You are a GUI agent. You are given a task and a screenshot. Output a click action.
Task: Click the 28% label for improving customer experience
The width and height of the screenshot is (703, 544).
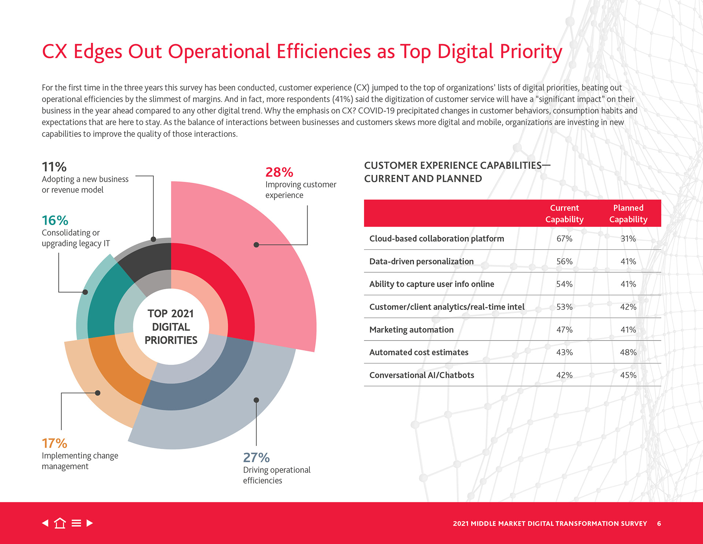pos(279,172)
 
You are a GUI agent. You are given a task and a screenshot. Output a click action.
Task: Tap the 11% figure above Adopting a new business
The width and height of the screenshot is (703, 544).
pos(54,167)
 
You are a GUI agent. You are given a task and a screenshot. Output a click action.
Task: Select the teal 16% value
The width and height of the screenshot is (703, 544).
pos(55,221)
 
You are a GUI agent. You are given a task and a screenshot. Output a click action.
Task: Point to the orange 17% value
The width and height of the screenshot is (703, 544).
pos(55,444)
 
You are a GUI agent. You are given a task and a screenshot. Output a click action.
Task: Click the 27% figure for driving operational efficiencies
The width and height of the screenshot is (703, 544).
pos(256,458)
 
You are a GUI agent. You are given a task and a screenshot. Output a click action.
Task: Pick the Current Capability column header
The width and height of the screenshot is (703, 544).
pos(564,214)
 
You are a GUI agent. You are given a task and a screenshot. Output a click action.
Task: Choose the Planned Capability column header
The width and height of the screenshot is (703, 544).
pos(628,214)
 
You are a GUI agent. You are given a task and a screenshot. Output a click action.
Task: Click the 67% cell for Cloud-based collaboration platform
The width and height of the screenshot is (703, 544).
pos(564,239)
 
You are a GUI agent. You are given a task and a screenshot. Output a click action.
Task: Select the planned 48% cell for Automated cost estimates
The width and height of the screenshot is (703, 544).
pos(628,352)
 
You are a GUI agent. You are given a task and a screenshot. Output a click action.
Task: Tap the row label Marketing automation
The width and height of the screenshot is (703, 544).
pos(411,330)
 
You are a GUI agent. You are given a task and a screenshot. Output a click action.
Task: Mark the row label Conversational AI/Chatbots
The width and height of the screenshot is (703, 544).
pos(421,375)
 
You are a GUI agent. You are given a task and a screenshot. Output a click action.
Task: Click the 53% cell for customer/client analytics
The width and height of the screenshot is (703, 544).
pos(564,307)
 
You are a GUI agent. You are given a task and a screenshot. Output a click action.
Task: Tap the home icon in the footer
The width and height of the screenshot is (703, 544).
pos(60,523)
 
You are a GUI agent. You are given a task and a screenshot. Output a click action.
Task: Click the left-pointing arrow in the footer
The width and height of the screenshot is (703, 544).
pos(45,523)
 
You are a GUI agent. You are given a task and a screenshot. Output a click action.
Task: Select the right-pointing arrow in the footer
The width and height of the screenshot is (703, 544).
pos(90,523)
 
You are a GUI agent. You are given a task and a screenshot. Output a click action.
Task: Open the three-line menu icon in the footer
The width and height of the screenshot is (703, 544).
pos(76,523)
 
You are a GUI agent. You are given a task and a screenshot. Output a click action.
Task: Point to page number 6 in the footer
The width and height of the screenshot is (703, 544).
pos(659,523)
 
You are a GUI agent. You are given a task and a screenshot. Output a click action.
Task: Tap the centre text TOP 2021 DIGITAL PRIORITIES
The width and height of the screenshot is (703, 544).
pos(171,327)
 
